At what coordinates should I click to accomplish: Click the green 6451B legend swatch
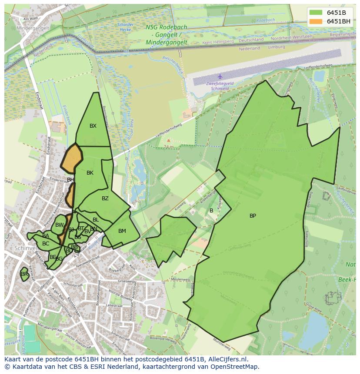click(316, 13)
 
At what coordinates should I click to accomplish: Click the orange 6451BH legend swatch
click(316, 21)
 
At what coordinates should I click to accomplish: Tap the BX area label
click(93, 126)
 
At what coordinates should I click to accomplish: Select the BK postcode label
click(90, 173)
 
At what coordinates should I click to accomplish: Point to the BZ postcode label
click(105, 199)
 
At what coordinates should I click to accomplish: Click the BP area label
click(253, 216)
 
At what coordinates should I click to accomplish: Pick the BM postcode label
click(122, 231)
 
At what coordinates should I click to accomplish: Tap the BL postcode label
click(96, 220)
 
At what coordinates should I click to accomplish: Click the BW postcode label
click(60, 225)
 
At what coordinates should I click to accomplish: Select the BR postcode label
click(24, 274)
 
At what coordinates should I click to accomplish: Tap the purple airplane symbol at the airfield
click(220, 76)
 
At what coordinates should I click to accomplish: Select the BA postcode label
click(46, 236)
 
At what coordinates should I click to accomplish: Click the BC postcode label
click(46, 244)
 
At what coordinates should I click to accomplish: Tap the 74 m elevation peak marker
click(169, 141)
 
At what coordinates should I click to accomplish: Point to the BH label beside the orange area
click(70, 180)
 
